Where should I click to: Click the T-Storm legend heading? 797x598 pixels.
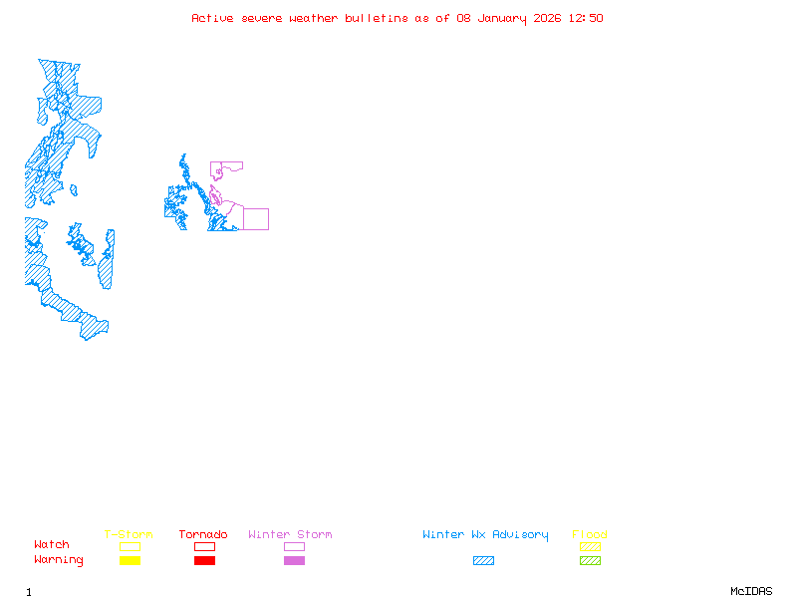[129, 535]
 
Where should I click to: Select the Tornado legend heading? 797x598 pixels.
[203, 535]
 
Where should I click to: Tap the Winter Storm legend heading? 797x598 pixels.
[290, 535]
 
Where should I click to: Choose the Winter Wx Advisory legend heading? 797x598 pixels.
[485, 535]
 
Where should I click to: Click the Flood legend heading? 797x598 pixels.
[590, 535]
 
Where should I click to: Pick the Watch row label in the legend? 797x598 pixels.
[52, 545]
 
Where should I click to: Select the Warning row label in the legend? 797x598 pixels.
[59, 560]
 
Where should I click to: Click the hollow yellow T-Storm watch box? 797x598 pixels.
[130, 546]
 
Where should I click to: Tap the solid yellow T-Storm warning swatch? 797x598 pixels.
[130, 561]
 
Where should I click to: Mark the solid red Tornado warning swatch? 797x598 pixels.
[204, 561]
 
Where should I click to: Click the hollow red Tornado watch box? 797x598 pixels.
[204, 546]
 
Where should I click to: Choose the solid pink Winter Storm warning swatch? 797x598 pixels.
[294, 561]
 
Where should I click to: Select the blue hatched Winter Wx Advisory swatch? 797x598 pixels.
[483, 561]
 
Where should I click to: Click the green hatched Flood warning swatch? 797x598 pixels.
[590, 561]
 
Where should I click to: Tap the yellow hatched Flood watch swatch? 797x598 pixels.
[590, 546]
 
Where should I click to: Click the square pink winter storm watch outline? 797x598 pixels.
[256, 219]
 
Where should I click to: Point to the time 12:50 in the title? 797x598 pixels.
[586, 18]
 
